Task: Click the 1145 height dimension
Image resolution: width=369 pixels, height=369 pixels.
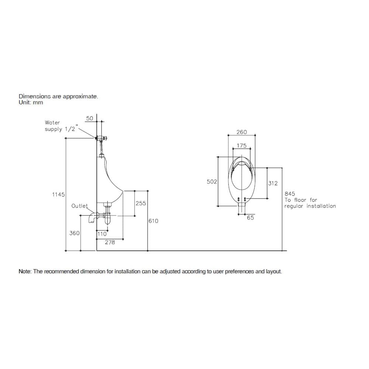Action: (x=58, y=194)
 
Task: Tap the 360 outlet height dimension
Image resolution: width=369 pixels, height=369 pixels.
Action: (x=75, y=233)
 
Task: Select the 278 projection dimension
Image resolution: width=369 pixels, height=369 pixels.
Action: (x=110, y=242)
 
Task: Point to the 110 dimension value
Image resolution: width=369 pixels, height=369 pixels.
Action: (x=102, y=234)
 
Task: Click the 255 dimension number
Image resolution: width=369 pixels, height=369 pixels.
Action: (x=141, y=203)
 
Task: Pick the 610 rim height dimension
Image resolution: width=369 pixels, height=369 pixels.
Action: (x=154, y=221)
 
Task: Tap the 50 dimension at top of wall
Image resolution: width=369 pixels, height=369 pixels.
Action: (x=90, y=118)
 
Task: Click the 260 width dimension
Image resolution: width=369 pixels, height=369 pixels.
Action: (x=242, y=132)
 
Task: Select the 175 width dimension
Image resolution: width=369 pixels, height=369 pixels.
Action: (x=242, y=145)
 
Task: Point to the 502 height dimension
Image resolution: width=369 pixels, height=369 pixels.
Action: (x=212, y=182)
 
